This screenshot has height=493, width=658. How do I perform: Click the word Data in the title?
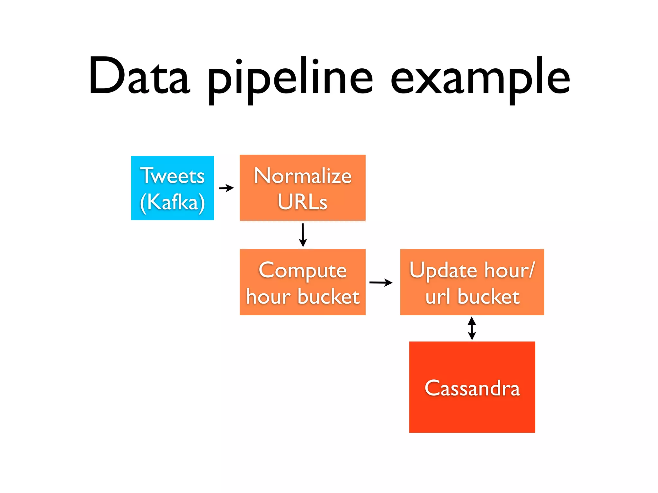pos(139,76)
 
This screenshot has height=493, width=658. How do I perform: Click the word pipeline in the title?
pos(290,79)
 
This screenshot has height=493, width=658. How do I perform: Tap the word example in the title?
pos(480,79)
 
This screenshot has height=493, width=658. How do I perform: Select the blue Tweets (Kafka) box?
pos(172,188)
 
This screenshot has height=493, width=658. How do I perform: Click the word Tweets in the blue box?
pos(173,176)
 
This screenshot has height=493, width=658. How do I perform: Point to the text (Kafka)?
pos(173,202)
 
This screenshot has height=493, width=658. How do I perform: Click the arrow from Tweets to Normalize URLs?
pos(226,188)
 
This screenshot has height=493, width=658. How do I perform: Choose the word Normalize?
pos(303,176)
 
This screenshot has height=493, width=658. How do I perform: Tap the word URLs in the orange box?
pos(302,202)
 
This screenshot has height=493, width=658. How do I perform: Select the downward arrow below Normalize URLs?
pos(303,235)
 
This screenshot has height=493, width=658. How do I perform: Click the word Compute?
pos(303,270)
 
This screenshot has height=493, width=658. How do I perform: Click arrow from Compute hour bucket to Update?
pos(381,282)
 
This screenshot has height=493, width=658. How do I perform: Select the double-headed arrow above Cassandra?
pos(472,328)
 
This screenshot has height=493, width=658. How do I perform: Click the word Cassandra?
pos(472,388)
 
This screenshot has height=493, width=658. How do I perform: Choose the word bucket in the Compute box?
pos(328,297)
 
